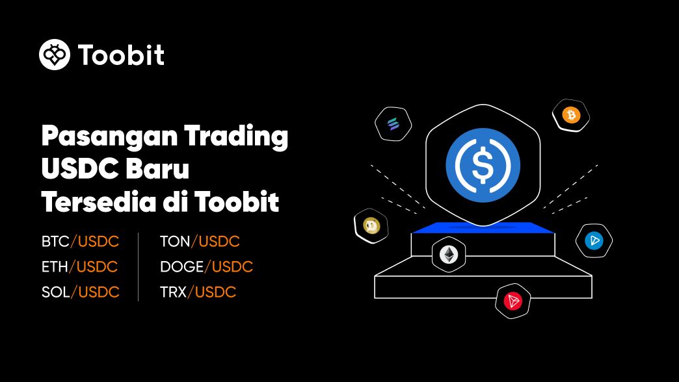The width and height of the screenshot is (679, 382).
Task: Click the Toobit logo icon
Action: (x=55, y=55)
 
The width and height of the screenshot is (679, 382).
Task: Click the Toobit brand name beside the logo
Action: (x=121, y=55)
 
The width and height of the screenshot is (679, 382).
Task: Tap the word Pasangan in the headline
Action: (x=109, y=136)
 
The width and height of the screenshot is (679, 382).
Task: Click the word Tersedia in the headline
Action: (x=98, y=201)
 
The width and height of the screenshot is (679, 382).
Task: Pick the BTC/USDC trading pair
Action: (x=80, y=241)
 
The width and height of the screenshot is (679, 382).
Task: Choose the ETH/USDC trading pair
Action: (x=80, y=266)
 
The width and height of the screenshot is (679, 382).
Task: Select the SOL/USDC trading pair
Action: (x=80, y=292)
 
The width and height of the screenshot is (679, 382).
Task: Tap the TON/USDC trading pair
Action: (x=200, y=241)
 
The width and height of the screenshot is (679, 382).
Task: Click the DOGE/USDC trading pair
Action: (x=207, y=266)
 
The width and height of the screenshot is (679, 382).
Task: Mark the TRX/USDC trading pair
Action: (x=198, y=292)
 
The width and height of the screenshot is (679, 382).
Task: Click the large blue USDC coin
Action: (x=483, y=165)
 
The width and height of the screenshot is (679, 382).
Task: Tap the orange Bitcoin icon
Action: (x=571, y=115)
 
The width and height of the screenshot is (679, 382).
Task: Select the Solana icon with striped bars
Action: (x=393, y=123)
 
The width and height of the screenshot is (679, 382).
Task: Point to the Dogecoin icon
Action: (x=371, y=226)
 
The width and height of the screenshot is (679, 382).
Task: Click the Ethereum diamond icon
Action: (x=449, y=255)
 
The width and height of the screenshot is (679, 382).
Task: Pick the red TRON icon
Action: (x=513, y=301)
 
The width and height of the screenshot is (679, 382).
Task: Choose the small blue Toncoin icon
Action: (x=594, y=240)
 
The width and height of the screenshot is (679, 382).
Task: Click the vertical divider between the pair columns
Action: (x=138, y=267)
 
